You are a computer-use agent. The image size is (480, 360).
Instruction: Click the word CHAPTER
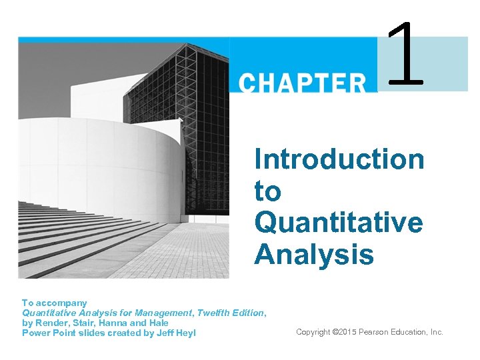(303, 83)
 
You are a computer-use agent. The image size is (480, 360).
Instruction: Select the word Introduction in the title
(339, 160)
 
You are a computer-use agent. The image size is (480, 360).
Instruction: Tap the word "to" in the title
(268, 191)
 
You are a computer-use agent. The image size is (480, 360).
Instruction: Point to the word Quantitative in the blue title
(338, 223)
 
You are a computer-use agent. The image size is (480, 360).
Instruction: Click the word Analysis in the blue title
(314, 254)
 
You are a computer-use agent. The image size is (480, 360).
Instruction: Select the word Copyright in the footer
(313, 332)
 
